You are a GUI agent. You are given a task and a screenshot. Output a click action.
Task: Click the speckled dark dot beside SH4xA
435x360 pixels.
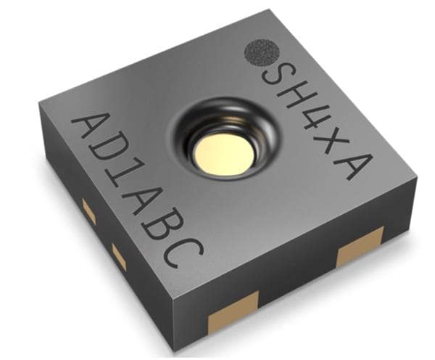[x=262, y=53]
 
